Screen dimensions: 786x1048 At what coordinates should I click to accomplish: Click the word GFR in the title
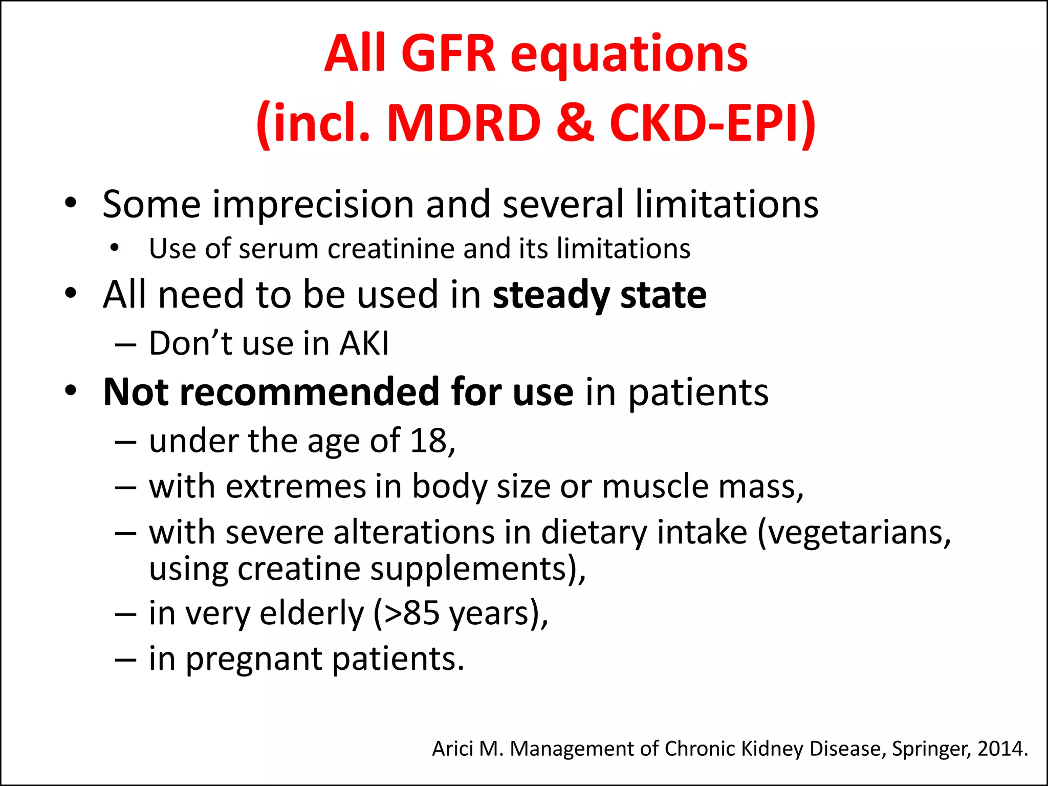click(x=448, y=54)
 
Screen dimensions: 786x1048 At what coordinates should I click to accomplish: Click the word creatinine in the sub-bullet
click(x=391, y=249)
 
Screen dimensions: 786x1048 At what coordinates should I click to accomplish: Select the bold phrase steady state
click(x=599, y=295)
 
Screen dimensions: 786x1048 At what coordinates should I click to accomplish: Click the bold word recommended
click(x=312, y=392)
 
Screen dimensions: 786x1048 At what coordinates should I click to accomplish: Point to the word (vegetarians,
click(x=854, y=533)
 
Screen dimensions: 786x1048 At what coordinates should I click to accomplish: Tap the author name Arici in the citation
click(x=452, y=749)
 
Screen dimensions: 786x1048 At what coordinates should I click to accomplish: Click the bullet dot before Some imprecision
click(x=71, y=203)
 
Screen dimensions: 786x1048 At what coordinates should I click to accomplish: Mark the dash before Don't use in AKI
click(x=125, y=344)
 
